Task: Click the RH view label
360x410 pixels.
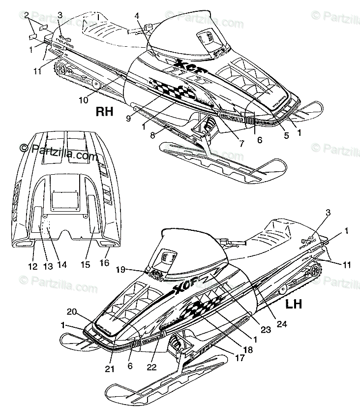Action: coord(118,112)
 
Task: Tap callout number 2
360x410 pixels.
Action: coord(26,14)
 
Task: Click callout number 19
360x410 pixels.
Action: coord(133,269)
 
